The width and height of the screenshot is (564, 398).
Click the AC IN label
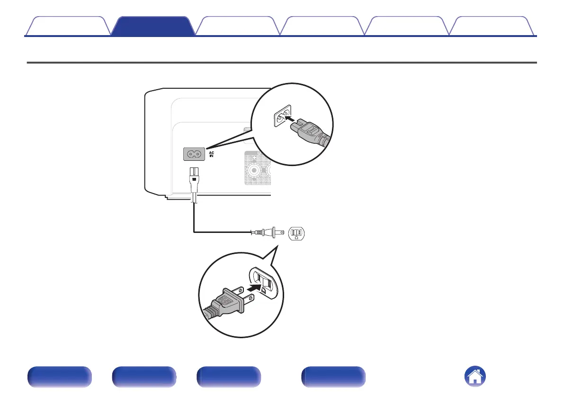click(x=212, y=154)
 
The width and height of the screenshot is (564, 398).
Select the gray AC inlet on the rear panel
click(x=194, y=153)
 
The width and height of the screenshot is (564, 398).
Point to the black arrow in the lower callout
click(x=253, y=287)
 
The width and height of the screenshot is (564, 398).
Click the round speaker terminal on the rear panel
click(x=254, y=170)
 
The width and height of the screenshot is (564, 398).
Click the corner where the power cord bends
click(x=194, y=232)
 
